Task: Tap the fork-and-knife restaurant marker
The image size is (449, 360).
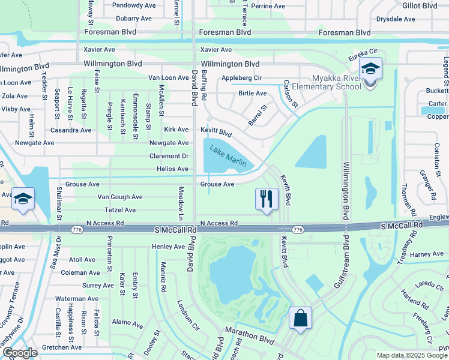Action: (x=267, y=199)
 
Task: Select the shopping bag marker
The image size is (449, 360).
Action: (x=300, y=319)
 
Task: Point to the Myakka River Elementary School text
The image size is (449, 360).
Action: (x=336, y=82)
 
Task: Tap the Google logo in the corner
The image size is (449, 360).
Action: (x=19, y=353)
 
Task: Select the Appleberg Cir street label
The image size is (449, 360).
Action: (x=241, y=78)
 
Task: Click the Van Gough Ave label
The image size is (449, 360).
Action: (x=120, y=197)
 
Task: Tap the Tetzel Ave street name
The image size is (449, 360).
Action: (x=120, y=210)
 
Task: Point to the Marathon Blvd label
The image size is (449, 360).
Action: (x=249, y=331)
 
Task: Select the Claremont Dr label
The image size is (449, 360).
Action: (x=169, y=156)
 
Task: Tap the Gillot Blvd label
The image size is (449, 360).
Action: (x=420, y=5)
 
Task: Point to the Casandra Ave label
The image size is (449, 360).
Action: (x=71, y=130)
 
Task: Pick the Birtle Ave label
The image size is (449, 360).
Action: (x=252, y=94)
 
